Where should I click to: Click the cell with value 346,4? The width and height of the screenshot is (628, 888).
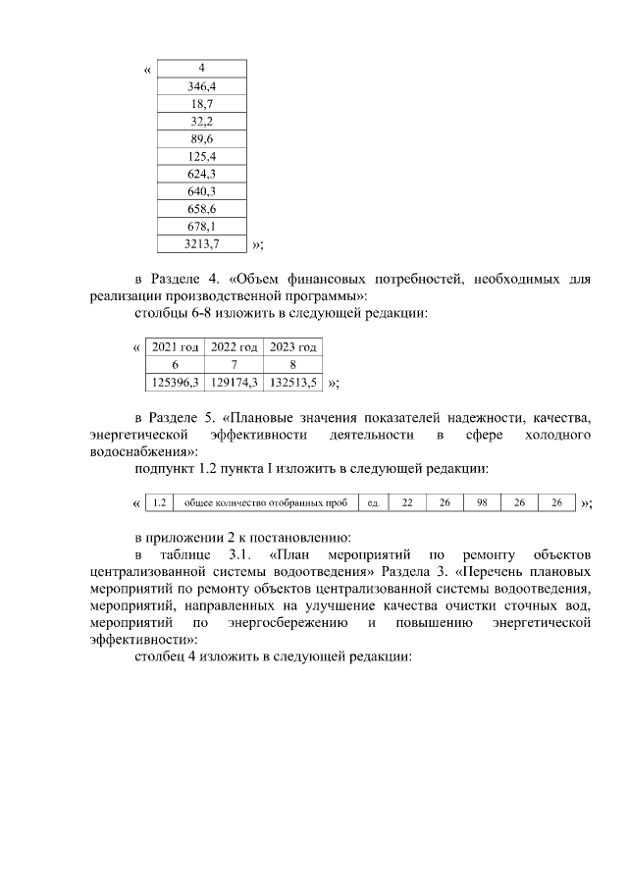201,86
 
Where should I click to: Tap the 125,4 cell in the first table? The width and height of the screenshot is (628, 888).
201,156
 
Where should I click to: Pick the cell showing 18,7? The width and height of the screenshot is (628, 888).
201,104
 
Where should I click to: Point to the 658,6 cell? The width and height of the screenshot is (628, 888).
201,209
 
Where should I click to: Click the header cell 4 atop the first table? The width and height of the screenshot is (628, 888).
201,69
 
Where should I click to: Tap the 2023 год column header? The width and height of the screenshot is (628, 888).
293,347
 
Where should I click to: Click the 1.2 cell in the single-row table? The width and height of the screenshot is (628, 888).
160,503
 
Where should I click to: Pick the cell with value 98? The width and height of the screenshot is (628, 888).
482,503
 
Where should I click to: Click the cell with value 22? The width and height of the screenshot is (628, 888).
407,503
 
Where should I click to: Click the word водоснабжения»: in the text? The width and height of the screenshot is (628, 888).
142,451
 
